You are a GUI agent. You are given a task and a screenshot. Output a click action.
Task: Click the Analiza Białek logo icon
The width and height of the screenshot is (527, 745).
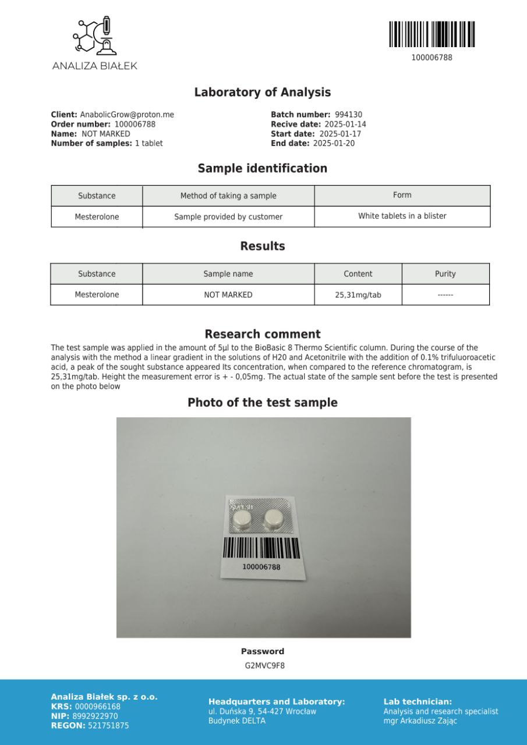[x=94, y=37]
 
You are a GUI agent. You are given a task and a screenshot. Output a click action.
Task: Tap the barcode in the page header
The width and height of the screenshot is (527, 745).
[x=431, y=34]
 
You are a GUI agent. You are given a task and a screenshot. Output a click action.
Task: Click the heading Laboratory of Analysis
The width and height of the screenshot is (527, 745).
[x=262, y=92]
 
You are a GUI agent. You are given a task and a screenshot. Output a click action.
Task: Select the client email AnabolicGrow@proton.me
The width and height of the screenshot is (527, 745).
[x=127, y=115]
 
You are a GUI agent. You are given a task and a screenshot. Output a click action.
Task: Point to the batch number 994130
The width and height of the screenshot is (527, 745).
[x=348, y=115]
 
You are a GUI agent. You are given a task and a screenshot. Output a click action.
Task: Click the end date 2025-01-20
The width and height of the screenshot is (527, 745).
[x=334, y=143]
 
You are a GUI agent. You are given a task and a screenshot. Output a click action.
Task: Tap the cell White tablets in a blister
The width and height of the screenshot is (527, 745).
[x=402, y=216]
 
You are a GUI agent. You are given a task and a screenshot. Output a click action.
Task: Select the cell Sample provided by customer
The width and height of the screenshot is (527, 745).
[x=228, y=217]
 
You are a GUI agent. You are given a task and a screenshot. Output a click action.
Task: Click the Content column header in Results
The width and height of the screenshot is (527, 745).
[x=358, y=274]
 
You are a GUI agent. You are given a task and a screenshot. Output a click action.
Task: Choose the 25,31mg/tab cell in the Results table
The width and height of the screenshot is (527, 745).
[x=358, y=295]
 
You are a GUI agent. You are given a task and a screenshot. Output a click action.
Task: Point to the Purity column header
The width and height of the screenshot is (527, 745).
[x=445, y=274]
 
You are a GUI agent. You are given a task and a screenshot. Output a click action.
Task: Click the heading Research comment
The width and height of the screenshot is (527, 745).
[x=262, y=334]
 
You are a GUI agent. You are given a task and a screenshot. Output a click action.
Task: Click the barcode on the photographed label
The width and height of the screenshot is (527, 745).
[x=261, y=548]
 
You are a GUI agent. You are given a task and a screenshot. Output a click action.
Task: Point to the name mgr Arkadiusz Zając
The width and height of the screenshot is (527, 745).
[x=420, y=721]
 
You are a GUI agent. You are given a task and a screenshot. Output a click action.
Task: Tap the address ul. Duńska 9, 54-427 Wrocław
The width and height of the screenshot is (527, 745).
[x=262, y=711]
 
